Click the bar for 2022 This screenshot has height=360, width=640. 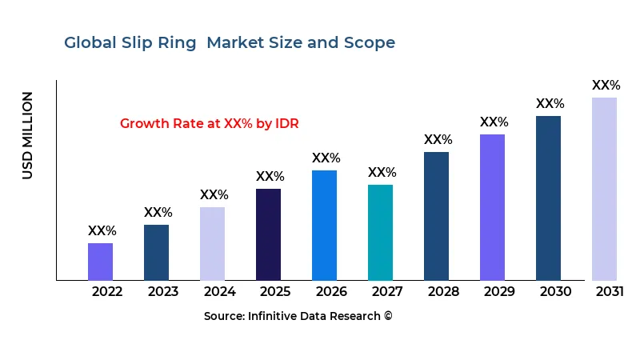(100, 262)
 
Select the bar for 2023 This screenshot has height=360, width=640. (156, 252)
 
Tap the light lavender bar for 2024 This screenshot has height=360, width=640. (212, 243)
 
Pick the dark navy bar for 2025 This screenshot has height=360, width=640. (268, 234)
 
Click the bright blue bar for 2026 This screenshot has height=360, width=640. (324, 225)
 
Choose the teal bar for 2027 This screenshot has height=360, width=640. (380, 232)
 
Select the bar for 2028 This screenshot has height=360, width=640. (436, 216)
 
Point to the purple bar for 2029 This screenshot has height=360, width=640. (492, 207)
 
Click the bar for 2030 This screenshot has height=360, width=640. (548, 198)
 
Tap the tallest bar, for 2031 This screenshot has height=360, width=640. (604, 189)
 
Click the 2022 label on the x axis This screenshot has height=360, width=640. (107, 291)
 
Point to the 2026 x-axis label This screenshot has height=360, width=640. (331, 291)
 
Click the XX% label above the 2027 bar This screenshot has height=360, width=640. (382, 172)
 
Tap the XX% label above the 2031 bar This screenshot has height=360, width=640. (606, 85)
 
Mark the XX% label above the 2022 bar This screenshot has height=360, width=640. (102, 230)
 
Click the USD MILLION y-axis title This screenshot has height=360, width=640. (28, 135)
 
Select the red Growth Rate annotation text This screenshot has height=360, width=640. (209, 123)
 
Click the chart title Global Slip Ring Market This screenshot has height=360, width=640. (230, 42)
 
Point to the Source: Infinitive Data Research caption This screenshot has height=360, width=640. (298, 316)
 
